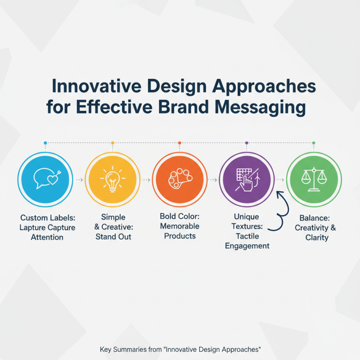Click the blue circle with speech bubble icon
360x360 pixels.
(x=45, y=179)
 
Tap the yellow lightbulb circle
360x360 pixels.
(x=112, y=179)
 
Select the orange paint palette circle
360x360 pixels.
(x=180, y=179)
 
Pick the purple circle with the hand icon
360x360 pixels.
(x=247, y=179)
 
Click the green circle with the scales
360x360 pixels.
(x=314, y=179)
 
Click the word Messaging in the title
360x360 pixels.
(x=257, y=108)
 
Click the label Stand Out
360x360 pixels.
(x=113, y=237)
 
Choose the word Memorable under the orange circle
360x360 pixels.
(x=180, y=226)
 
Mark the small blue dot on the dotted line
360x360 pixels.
(x=45, y=143)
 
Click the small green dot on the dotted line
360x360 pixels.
(x=314, y=143)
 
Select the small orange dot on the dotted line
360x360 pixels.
(x=180, y=143)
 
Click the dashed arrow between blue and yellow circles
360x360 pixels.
(x=78, y=180)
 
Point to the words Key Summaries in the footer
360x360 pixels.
(x=122, y=349)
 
